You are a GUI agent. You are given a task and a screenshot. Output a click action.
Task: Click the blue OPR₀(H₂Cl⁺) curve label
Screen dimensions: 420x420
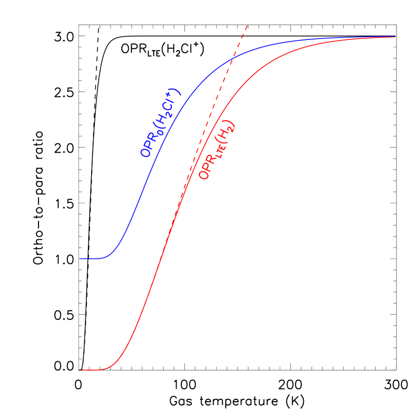tap(160, 124)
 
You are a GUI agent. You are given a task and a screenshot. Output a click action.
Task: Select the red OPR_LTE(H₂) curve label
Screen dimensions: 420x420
tap(218, 150)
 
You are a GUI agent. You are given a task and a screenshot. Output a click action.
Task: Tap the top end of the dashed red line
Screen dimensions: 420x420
tap(247, 26)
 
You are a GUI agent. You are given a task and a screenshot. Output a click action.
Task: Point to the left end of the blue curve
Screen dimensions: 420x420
tap(80, 259)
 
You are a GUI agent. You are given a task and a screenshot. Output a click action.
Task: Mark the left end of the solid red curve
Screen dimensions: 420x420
tap(80, 370)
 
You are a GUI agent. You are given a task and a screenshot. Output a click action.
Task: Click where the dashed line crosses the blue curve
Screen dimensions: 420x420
tap(232, 57)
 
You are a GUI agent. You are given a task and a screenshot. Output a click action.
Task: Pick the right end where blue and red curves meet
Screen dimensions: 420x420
tap(394, 37)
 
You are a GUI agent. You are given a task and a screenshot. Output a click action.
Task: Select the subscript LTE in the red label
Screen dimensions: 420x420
tap(215, 155)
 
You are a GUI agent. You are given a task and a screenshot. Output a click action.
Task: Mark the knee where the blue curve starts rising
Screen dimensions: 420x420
tap(108, 255)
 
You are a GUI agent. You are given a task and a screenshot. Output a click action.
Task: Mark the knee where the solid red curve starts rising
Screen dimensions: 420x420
tap(110, 367)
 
